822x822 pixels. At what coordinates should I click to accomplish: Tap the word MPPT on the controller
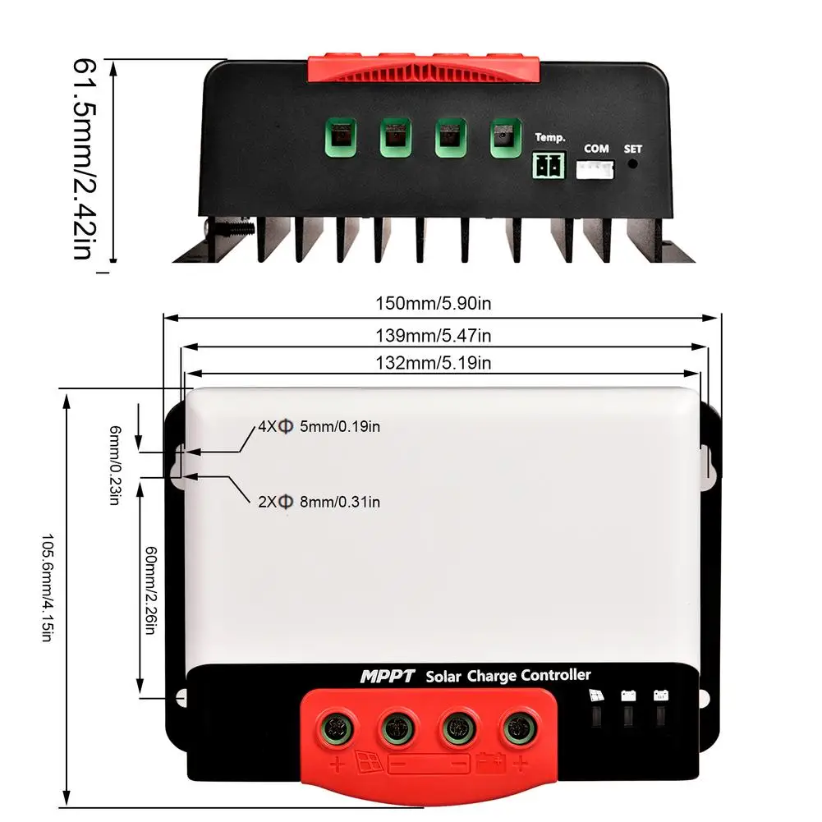pos(388,677)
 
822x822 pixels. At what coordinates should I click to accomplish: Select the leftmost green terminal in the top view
pos(340,138)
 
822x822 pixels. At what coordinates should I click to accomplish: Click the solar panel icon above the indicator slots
pos(596,696)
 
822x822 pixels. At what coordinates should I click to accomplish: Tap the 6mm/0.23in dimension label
pos(115,466)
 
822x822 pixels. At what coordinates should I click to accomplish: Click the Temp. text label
pos(550,137)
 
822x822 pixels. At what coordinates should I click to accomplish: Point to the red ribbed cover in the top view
pos(422,70)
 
